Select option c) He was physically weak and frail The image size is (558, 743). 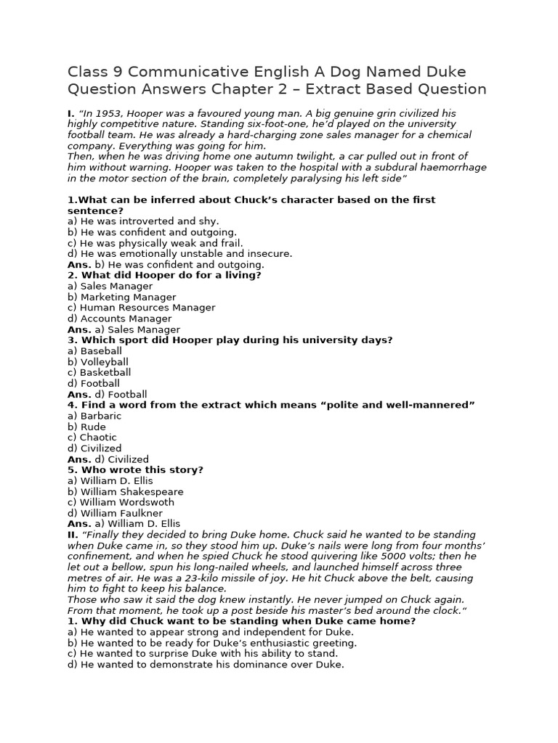(155, 243)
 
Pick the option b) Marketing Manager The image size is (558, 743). (121, 297)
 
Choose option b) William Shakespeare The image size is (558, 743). (126, 491)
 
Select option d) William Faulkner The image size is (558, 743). (119, 513)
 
